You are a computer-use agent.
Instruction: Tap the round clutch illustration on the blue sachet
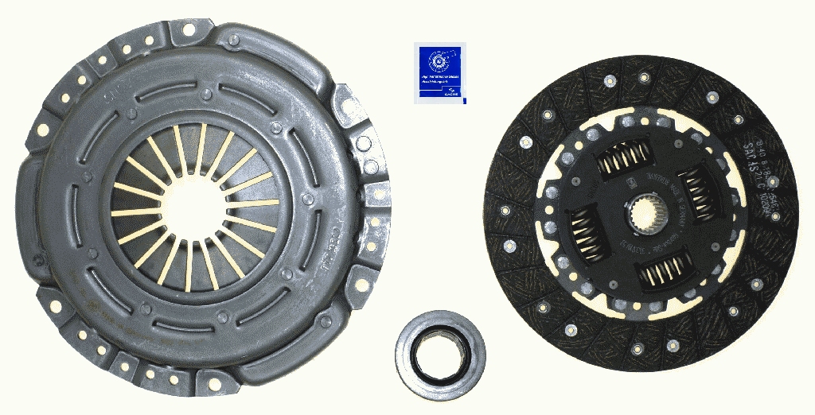coord(440,61)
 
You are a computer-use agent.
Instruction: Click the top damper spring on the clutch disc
coord(625,158)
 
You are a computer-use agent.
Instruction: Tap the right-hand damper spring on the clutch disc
coord(698,194)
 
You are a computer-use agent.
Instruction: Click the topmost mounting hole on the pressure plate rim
coord(188,30)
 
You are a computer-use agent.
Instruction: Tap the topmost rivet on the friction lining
coord(609,80)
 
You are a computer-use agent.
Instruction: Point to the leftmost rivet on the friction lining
coord(505,211)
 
